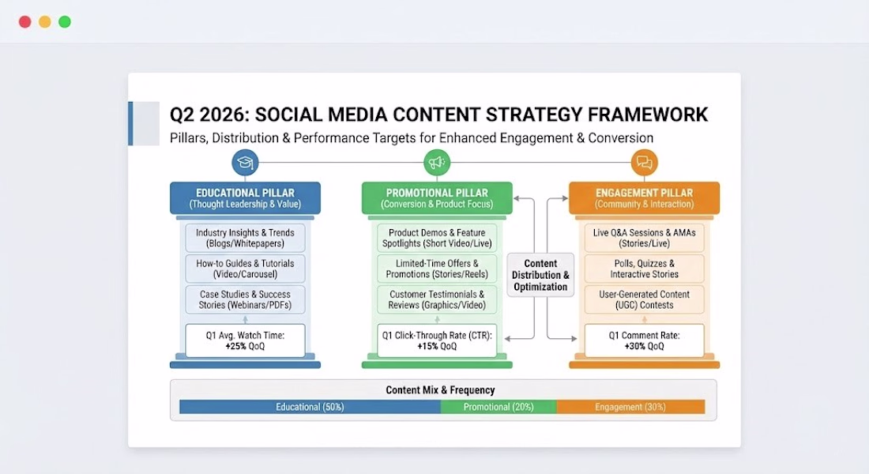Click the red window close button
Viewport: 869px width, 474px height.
(25, 21)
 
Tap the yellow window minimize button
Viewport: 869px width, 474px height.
(45, 21)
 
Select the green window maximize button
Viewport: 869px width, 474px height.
(65, 21)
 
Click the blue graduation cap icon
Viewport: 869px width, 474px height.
(245, 163)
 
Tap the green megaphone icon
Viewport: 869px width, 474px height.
(437, 163)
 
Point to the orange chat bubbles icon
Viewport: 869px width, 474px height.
(644, 163)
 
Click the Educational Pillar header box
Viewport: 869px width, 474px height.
(245, 198)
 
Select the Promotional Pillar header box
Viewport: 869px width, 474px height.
(437, 198)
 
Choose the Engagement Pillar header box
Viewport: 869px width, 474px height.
(644, 198)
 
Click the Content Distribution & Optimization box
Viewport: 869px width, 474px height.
(540, 275)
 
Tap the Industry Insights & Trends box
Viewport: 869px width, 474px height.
(245, 238)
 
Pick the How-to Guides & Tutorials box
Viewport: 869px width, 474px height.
(245, 269)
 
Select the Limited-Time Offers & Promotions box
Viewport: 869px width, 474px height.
(437, 269)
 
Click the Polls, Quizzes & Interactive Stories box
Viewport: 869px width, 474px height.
(644, 269)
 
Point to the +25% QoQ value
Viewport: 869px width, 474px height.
(245, 347)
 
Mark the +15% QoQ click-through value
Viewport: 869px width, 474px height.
(437, 347)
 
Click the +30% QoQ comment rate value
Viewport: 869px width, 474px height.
(644, 347)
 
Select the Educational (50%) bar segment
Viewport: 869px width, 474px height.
(310, 407)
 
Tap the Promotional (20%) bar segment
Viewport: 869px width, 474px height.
(498, 407)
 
